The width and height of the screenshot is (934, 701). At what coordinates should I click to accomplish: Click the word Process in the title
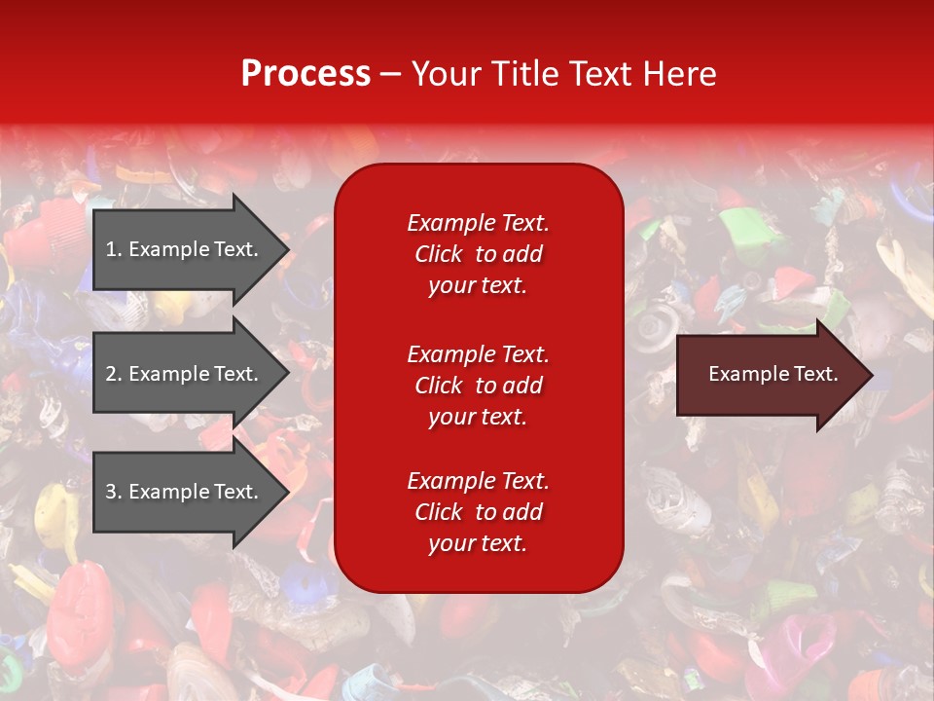pyautogui.click(x=305, y=74)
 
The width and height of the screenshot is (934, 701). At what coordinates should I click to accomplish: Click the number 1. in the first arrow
pyautogui.click(x=114, y=249)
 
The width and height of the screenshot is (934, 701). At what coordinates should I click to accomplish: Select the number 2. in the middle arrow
pyautogui.click(x=114, y=374)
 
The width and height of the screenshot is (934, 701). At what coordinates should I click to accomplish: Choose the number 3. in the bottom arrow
pyautogui.click(x=114, y=492)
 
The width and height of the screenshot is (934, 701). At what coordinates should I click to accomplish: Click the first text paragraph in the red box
pyautogui.click(x=478, y=254)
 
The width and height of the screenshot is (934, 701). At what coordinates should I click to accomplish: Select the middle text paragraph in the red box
pyautogui.click(x=478, y=386)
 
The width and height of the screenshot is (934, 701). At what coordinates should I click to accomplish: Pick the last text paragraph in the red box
pyautogui.click(x=478, y=512)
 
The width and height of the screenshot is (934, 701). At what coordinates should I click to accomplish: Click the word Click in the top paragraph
pyautogui.click(x=439, y=254)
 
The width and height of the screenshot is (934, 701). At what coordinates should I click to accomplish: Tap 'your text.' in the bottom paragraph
pyautogui.click(x=478, y=543)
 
